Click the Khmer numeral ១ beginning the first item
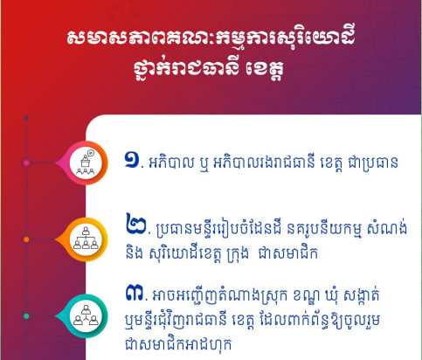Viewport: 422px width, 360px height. click(x=132, y=160)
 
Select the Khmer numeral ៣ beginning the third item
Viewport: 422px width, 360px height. click(x=135, y=293)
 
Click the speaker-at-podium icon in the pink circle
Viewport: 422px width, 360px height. click(x=86, y=163)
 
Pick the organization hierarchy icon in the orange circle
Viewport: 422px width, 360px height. click(x=86, y=239)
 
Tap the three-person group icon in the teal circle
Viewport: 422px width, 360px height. click(x=86, y=315)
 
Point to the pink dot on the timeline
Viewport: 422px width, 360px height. click(x=26, y=163)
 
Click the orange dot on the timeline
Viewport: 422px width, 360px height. click(x=26, y=239)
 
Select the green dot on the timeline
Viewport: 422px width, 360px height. click(x=26, y=316)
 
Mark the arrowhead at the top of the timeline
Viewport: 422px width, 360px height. click(x=26, y=118)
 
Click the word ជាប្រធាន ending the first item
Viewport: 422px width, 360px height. click(x=373, y=163)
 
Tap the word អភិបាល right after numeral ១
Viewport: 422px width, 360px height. click(x=171, y=162)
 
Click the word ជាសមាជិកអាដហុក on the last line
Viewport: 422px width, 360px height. click(x=178, y=344)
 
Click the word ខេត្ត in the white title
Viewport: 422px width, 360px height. click(x=265, y=70)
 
